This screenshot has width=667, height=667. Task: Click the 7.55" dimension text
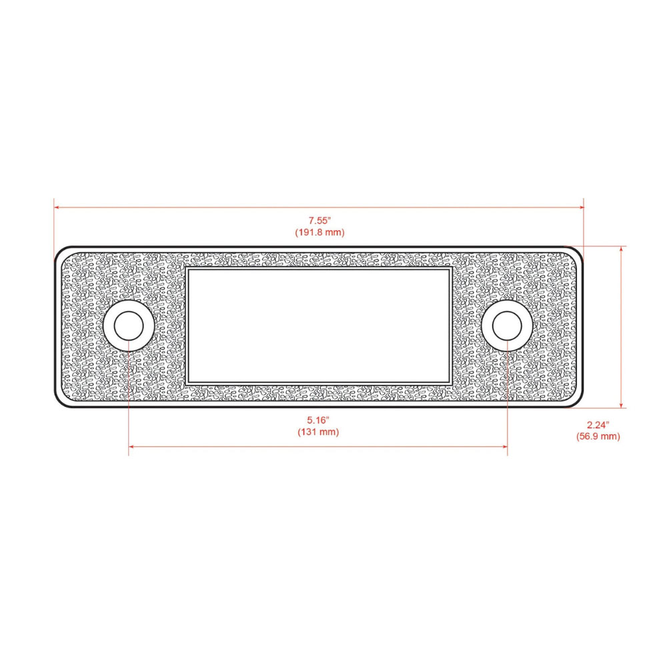tap(319, 220)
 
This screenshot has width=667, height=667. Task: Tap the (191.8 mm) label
tap(319, 232)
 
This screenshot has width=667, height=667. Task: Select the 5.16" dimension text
tap(318, 420)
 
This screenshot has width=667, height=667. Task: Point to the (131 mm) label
tap(318, 432)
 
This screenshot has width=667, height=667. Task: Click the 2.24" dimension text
tap(598, 425)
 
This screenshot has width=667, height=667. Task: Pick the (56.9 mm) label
tap(598, 437)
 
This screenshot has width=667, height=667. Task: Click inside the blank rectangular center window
tap(318, 326)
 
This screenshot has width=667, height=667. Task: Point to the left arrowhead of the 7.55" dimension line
tap(58, 207)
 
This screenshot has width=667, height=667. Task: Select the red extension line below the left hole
tap(129, 400)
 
